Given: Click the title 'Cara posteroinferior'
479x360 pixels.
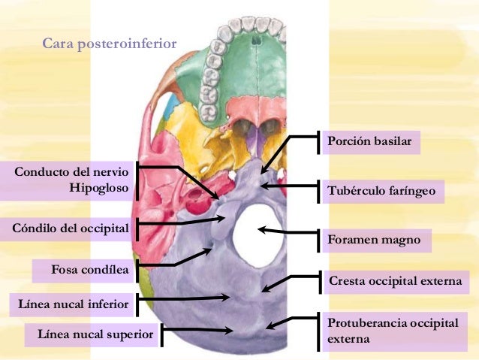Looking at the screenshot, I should coord(109,44).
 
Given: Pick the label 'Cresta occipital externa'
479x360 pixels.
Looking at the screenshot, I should coord(395,282).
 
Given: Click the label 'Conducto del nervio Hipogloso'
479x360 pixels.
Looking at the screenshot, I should coord(71,180).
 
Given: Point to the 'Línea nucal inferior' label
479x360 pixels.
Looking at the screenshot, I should coord(73,304).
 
